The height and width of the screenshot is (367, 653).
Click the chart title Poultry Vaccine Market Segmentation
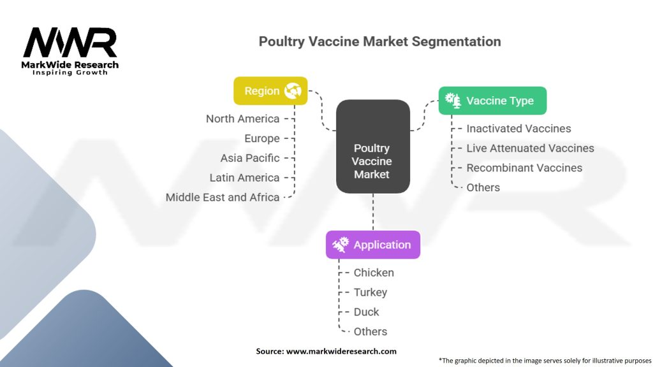(x=379, y=41)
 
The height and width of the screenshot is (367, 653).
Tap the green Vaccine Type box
(x=492, y=101)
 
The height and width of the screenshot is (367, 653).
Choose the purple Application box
(x=372, y=245)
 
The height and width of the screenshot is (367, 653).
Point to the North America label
(x=242, y=119)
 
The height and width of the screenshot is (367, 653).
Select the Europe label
(x=261, y=138)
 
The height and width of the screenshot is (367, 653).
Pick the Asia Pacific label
(x=250, y=158)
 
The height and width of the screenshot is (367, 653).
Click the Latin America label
(x=244, y=178)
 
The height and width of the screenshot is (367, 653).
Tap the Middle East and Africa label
(x=223, y=198)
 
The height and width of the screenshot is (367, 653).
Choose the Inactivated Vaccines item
(x=518, y=129)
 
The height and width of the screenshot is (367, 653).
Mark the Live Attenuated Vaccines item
(x=530, y=148)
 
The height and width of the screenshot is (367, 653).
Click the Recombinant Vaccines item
(x=524, y=168)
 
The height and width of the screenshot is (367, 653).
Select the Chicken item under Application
(x=374, y=273)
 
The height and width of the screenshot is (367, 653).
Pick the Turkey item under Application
(x=371, y=292)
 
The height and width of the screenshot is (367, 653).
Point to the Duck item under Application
(x=367, y=312)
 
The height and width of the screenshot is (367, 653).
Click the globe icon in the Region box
(x=293, y=91)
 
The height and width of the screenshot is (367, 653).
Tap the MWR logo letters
(x=70, y=43)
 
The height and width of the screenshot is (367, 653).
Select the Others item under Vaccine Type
(x=483, y=188)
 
